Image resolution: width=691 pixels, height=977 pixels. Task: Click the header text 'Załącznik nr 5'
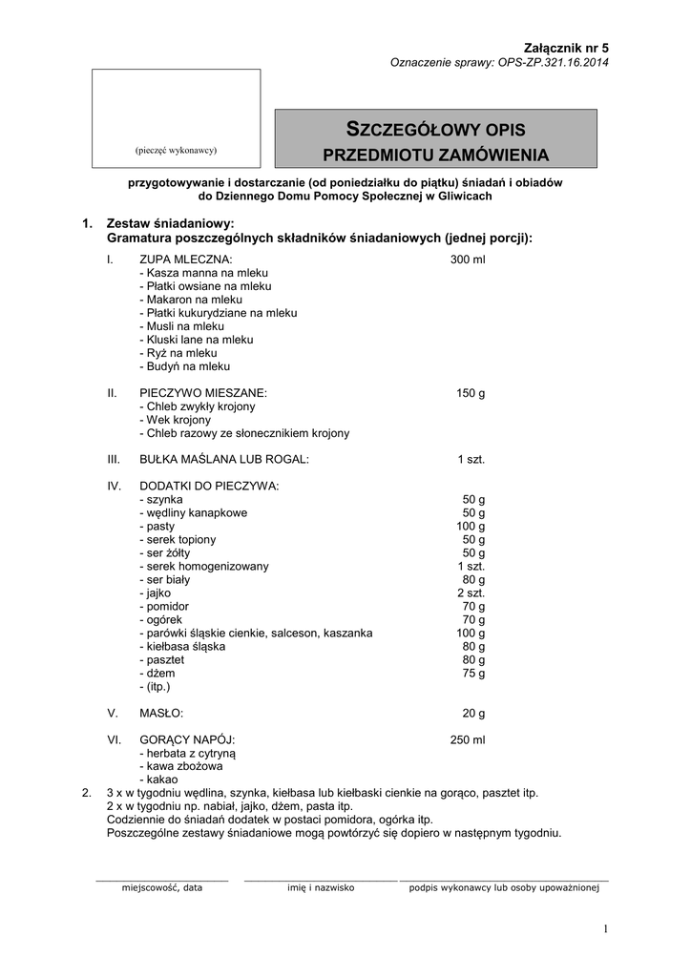pyautogui.click(x=566, y=48)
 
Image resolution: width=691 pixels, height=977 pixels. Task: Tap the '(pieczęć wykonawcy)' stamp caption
pyautogui.click(x=177, y=150)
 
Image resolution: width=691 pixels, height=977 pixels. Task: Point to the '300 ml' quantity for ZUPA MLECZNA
pyautogui.click(x=468, y=260)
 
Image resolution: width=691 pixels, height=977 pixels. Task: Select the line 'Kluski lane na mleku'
pyautogui.click(x=196, y=340)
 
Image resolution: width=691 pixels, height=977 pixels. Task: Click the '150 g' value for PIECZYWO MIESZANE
pyautogui.click(x=471, y=393)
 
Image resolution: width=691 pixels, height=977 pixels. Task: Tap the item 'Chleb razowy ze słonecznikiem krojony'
pyautogui.click(x=244, y=433)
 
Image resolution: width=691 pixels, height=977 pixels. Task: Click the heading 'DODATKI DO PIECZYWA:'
pyautogui.click(x=209, y=487)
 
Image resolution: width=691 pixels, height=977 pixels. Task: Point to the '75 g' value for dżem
pyautogui.click(x=473, y=674)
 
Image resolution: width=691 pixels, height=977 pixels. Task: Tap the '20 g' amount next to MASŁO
pyautogui.click(x=473, y=714)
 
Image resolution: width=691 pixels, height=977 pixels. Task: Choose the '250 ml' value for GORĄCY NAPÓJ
pyautogui.click(x=468, y=740)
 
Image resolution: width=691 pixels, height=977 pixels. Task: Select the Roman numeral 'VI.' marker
pyautogui.click(x=114, y=740)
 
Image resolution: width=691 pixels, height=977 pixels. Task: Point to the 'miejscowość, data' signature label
pyautogui.click(x=161, y=887)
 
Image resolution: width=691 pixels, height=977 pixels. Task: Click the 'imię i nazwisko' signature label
pyautogui.click(x=321, y=887)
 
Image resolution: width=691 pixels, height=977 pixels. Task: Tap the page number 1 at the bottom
pyautogui.click(x=605, y=929)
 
